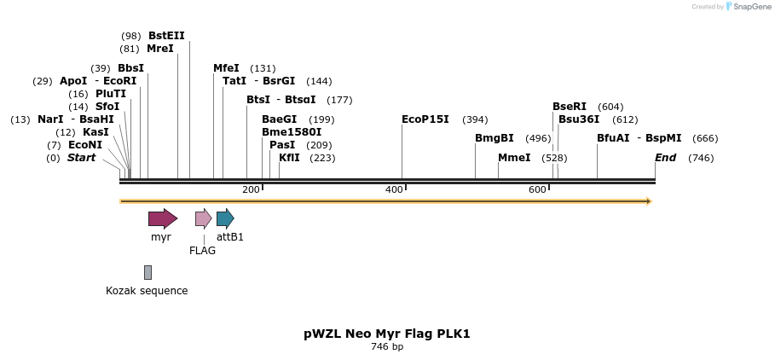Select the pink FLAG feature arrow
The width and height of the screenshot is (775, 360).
(203, 218)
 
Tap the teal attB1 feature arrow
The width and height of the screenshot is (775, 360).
(225, 218)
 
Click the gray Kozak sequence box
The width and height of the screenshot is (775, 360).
(147, 272)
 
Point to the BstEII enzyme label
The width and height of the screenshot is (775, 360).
(166, 36)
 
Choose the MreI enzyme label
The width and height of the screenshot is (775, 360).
(159, 49)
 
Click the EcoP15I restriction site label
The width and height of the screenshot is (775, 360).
(425, 119)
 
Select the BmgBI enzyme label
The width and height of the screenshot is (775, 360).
(494, 138)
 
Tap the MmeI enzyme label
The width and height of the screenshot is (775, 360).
(514, 158)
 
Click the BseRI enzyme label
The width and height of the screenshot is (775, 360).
(569, 107)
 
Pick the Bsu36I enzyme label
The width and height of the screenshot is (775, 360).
(579, 119)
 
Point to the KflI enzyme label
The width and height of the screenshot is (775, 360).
(289, 158)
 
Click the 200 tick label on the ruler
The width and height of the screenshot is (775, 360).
(251, 189)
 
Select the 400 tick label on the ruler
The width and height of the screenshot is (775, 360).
(394, 189)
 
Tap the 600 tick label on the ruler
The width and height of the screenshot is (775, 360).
(537, 189)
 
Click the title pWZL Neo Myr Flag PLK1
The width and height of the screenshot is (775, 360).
(387, 334)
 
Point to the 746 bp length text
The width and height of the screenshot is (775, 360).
(387, 347)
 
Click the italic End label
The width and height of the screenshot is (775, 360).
(665, 158)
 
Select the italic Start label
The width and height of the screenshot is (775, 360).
(81, 158)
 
